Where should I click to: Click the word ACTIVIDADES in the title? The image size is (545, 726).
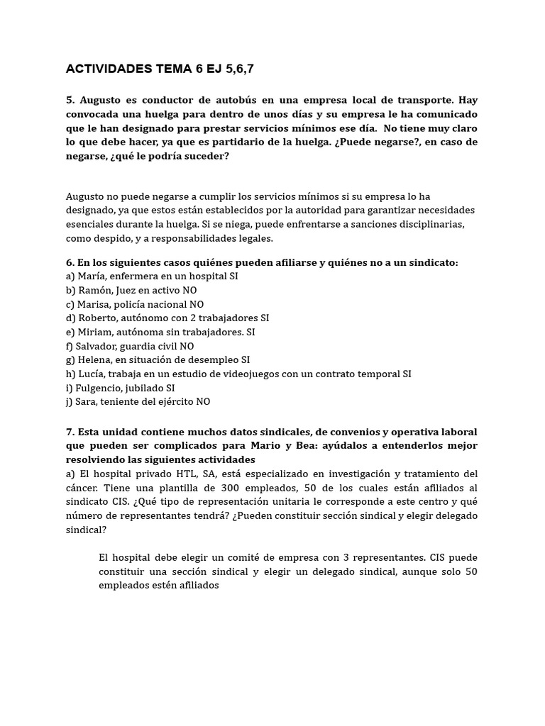point(109,69)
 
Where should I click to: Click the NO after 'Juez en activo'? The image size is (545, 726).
point(189,290)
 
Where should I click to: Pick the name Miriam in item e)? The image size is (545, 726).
point(93,332)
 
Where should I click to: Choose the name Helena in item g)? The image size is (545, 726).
point(94,360)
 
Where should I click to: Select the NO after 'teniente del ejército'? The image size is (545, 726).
point(203,402)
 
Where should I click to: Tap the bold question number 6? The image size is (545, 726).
point(70,262)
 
